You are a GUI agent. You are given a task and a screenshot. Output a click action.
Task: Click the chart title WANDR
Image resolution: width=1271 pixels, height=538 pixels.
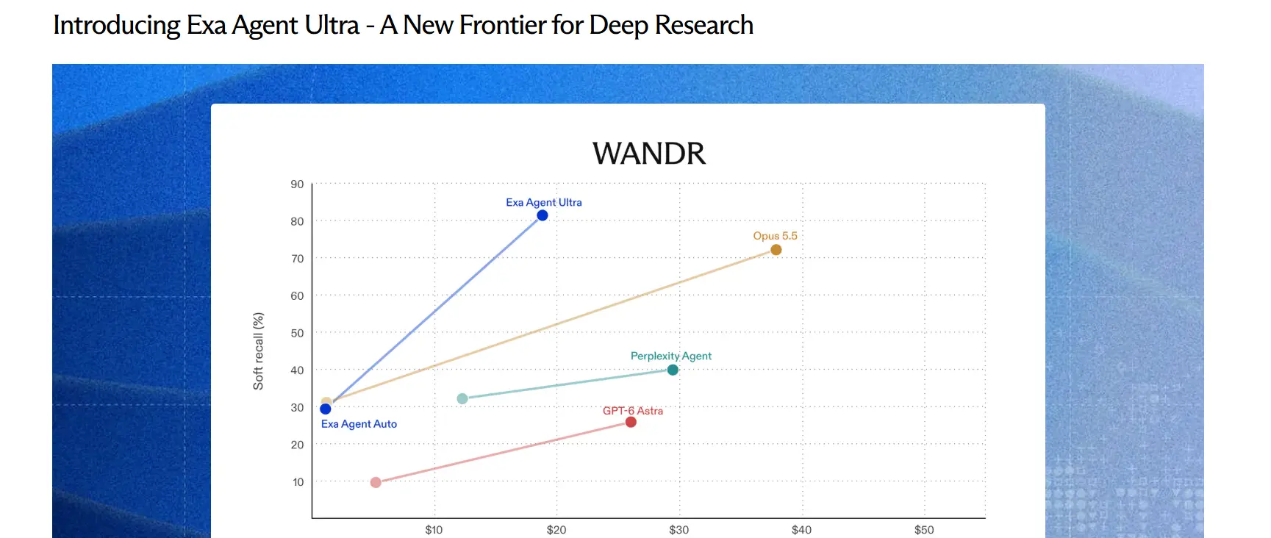[x=649, y=154]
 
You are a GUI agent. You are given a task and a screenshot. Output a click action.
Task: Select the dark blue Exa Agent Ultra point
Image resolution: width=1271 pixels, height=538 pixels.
[x=543, y=215]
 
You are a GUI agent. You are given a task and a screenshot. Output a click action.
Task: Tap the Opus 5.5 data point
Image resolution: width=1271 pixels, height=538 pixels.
[x=776, y=250]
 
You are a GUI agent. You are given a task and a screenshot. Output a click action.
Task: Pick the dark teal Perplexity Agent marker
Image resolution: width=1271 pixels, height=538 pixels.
[x=673, y=370]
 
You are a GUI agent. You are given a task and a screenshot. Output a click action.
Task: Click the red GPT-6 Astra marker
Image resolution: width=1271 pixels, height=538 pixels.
[x=631, y=422]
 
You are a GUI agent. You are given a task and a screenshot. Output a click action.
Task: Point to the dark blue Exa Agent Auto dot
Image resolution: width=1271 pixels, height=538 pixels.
[x=326, y=409]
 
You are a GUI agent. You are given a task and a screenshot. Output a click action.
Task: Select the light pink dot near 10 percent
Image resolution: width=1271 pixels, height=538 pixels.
[x=376, y=482]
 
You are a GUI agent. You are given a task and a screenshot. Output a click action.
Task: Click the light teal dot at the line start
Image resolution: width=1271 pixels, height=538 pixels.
[x=462, y=398]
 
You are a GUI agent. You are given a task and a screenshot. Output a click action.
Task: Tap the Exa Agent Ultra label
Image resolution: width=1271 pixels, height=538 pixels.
[x=544, y=202]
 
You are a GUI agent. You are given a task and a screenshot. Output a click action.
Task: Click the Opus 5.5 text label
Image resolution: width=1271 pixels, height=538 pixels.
[x=775, y=236]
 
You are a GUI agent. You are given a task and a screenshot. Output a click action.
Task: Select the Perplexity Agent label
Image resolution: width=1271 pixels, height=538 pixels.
[x=671, y=356]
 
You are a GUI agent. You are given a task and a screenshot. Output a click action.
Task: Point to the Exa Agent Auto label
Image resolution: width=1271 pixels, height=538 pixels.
[x=359, y=424]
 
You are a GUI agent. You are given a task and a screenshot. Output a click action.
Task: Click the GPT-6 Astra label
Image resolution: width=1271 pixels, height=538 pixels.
[x=633, y=411]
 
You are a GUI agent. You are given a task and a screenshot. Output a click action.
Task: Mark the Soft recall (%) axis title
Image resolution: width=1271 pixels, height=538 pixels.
[x=258, y=351]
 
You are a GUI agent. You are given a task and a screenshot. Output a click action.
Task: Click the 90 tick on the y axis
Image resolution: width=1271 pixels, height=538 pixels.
[x=297, y=184]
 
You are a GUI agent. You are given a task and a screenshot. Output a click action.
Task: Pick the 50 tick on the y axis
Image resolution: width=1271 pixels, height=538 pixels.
[x=297, y=333]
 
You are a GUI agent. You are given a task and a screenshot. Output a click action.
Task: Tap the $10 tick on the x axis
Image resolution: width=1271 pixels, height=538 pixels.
[x=434, y=530]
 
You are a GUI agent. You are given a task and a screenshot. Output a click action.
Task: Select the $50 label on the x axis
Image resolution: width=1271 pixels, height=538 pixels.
[x=924, y=530]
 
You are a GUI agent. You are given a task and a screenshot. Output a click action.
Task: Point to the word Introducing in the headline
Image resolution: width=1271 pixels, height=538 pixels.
[x=117, y=26]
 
